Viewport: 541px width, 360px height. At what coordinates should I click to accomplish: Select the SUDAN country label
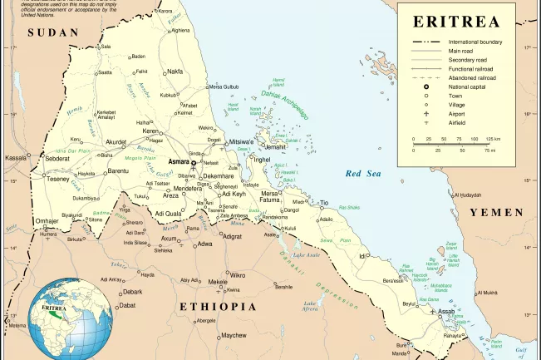(52, 32)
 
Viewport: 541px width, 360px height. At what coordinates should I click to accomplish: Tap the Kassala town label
(16, 157)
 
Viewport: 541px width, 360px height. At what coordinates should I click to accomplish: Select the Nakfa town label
(175, 72)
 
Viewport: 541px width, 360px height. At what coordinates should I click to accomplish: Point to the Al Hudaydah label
(466, 195)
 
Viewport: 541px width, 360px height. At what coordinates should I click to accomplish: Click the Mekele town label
(218, 282)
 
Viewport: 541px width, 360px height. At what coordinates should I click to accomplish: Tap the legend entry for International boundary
(475, 42)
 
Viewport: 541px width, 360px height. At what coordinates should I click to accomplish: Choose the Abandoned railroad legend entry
(471, 77)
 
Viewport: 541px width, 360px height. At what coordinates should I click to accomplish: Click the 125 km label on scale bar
(493, 139)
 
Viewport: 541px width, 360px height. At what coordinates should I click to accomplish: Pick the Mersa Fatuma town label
(270, 196)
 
